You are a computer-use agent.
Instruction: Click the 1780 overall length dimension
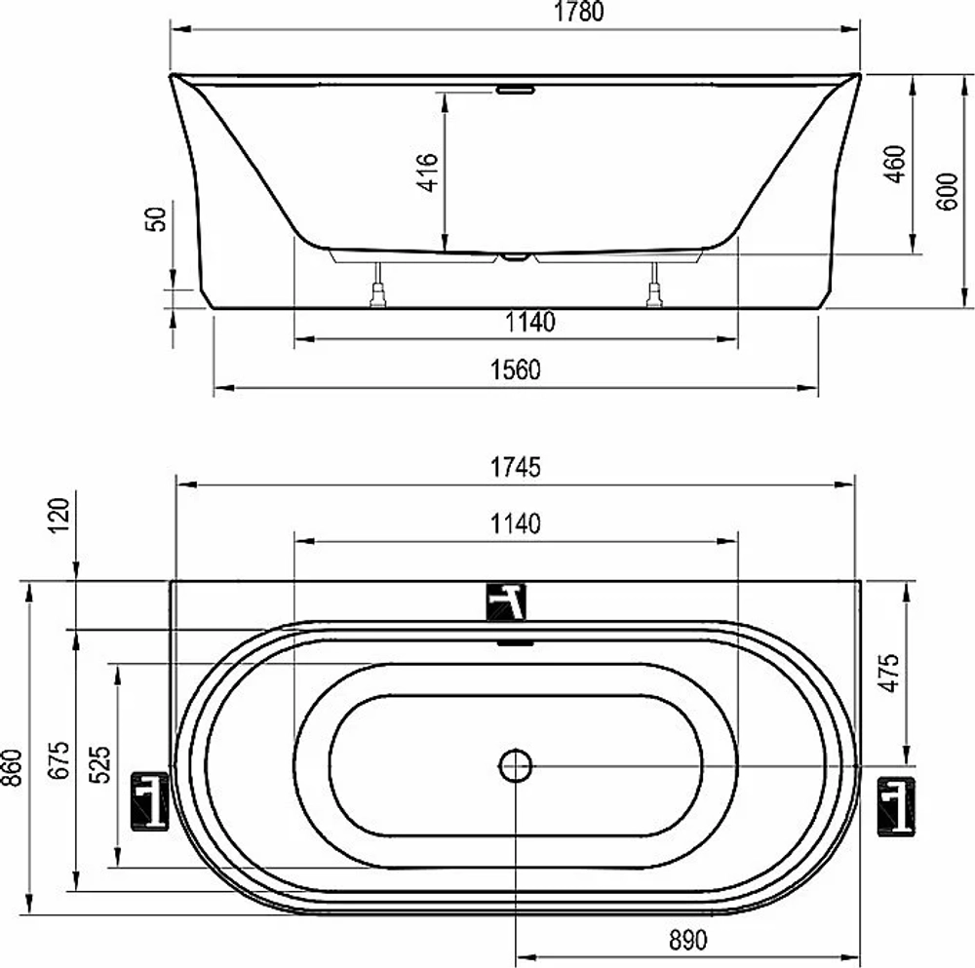tap(578, 12)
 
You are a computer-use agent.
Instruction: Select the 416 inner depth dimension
tap(428, 173)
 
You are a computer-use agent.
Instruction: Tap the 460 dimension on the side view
tap(895, 164)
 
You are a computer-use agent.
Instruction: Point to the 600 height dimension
tap(947, 191)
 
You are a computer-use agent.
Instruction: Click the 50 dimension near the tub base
tap(156, 219)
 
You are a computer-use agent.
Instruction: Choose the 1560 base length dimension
tap(516, 369)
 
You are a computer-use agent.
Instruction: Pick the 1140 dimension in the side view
tap(529, 322)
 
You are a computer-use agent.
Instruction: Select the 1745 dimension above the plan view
tap(516, 467)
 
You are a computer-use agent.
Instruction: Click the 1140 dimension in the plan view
tap(516, 524)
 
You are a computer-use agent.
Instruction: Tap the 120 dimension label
tap(59, 516)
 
